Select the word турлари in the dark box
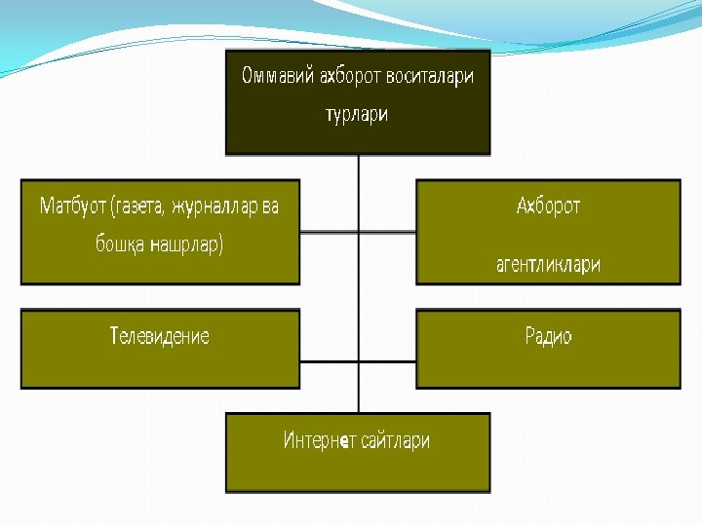[357, 114]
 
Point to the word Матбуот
[74, 207]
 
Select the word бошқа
[119, 244]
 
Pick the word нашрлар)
[187, 244]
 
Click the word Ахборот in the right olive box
[548, 207]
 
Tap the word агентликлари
[548, 264]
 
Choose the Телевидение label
[160, 337]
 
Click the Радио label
[548, 337]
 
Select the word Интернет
[316, 440]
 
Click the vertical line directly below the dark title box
[359, 168]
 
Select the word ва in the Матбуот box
[269, 207]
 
